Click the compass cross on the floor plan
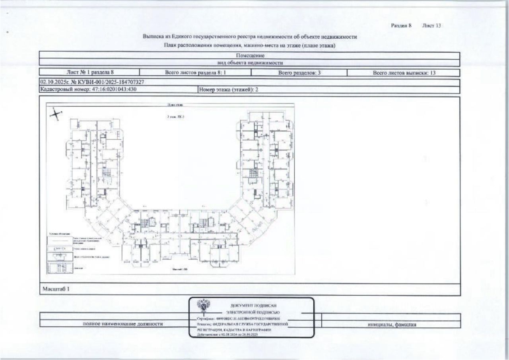tap(56, 114)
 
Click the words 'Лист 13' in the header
tap(432, 26)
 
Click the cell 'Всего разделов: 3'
tap(299, 73)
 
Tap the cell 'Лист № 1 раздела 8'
tap(90, 73)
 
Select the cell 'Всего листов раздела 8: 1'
tap(195, 73)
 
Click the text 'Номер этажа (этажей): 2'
tap(229, 90)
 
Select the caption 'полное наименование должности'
tap(123, 324)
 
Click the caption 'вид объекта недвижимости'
tap(249, 63)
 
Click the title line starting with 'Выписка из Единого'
tap(250, 37)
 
